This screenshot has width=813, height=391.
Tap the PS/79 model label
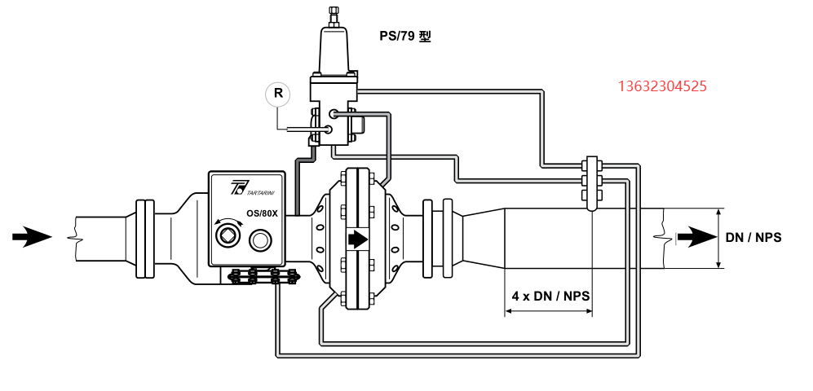[405, 37]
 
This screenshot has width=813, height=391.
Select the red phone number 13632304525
[662, 86]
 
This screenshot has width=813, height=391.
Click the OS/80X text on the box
[263, 213]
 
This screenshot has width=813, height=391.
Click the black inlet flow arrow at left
[32, 237]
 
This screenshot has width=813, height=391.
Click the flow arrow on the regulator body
[357, 239]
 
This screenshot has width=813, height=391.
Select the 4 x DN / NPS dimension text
[551, 297]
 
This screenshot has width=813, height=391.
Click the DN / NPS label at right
[753, 238]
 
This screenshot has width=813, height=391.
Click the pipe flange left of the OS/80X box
[144, 238]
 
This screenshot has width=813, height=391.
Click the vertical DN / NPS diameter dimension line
[719, 238]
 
